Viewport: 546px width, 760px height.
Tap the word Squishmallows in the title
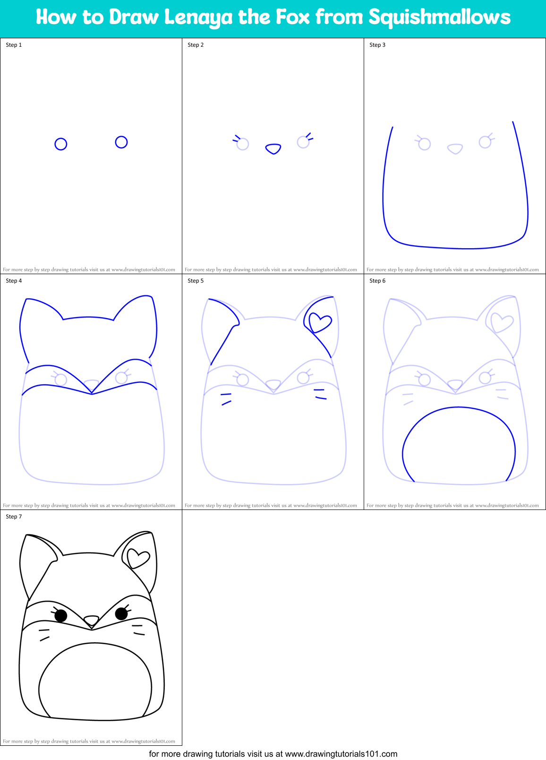439,17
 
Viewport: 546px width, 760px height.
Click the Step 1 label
14,45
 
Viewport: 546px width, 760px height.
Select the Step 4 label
14,281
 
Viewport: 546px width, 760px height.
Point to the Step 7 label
14,517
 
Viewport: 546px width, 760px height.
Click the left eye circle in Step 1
61,144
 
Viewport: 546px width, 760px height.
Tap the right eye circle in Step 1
121,142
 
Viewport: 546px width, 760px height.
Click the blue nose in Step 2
273,149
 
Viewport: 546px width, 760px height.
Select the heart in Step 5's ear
320,323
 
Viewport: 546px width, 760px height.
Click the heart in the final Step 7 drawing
138,558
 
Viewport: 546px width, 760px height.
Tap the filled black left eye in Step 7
61,615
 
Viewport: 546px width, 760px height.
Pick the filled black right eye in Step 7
121,613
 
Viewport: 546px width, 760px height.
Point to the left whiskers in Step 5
226,398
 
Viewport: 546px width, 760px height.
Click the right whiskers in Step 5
320,394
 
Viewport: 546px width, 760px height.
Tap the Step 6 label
377,281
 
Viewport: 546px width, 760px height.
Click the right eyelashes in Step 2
309,137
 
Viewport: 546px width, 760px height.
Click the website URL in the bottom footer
341,754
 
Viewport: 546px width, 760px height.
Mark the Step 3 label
377,45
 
